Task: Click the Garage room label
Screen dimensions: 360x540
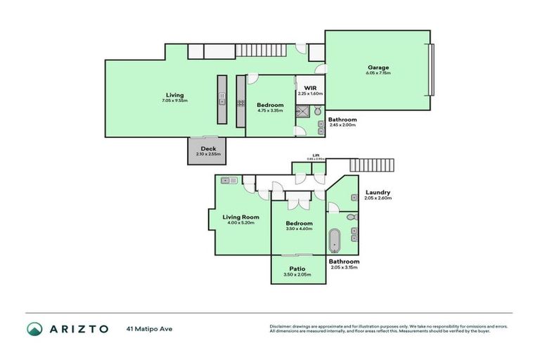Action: point(378,67)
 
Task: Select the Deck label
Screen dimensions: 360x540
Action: point(207,148)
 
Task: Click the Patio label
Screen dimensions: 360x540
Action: point(297,269)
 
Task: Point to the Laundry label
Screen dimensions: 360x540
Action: point(378,193)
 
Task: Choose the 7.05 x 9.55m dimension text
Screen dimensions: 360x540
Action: point(174,101)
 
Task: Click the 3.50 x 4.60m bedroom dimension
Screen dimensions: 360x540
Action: point(299,229)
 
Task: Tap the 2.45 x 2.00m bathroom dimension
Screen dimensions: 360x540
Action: point(342,125)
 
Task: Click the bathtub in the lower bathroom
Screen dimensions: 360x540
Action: point(334,240)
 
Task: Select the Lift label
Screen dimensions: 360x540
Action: point(316,155)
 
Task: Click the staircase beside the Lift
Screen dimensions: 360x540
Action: point(372,165)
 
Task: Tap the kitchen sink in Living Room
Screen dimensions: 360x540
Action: point(228,181)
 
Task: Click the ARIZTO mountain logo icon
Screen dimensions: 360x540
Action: point(35,328)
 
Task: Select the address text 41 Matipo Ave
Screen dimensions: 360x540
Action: point(149,328)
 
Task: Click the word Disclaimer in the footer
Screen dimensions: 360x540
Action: point(281,326)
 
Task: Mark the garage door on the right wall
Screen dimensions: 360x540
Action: point(432,70)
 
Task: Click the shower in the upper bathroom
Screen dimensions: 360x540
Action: point(303,110)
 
